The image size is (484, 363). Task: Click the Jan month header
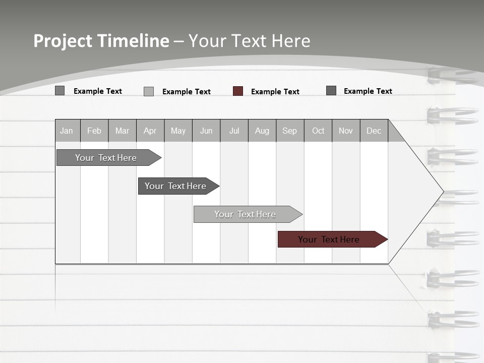[67, 131]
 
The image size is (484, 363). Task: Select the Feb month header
[94, 131]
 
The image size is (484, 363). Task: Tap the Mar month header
[122, 131]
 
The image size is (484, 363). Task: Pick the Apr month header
[150, 131]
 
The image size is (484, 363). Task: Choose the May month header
[178, 131]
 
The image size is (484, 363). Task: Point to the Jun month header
[206, 131]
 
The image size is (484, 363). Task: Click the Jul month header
[234, 131]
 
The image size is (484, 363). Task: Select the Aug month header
[262, 131]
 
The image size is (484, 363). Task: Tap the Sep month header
[290, 131]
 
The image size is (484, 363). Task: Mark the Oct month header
[318, 131]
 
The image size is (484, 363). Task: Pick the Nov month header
[346, 131]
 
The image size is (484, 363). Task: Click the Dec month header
[374, 131]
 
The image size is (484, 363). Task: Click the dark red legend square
[238, 91]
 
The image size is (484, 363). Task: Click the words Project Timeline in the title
[101, 41]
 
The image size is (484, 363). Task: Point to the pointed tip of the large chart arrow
[442, 192]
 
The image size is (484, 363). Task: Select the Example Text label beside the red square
[275, 92]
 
